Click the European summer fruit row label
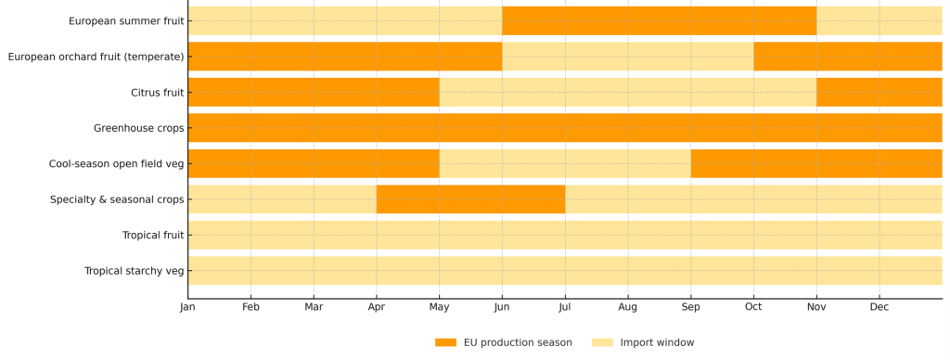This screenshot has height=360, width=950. coord(126,21)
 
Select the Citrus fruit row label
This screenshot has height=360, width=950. coord(158,93)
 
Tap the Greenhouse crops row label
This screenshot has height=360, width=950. coord(139,128)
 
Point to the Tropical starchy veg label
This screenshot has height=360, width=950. coord(135,271)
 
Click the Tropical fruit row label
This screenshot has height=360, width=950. coord(153,236)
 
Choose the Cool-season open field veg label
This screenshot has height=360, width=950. coord(117,164)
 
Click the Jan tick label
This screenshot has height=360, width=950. coord(187,307)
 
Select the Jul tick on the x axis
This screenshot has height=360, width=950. coord(565,307)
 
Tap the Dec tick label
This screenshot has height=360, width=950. coord(879,307)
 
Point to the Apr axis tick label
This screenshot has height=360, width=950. coord(377,307)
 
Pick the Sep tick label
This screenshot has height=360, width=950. coord(691,307)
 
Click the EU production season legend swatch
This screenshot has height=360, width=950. coord(445,342)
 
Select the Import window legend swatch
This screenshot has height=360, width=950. coord(602,342)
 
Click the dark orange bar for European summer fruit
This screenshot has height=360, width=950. coord(659,21)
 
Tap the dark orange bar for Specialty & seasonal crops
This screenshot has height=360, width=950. coord(470,199)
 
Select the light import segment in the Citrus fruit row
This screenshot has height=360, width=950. coord(628,93)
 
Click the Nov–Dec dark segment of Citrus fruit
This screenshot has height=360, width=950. coord(879,93)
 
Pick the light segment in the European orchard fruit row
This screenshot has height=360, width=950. coord(628,57)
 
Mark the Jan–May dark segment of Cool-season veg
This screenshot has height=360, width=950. coord(314,164)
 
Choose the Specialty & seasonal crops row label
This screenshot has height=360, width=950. coord(117,199)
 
